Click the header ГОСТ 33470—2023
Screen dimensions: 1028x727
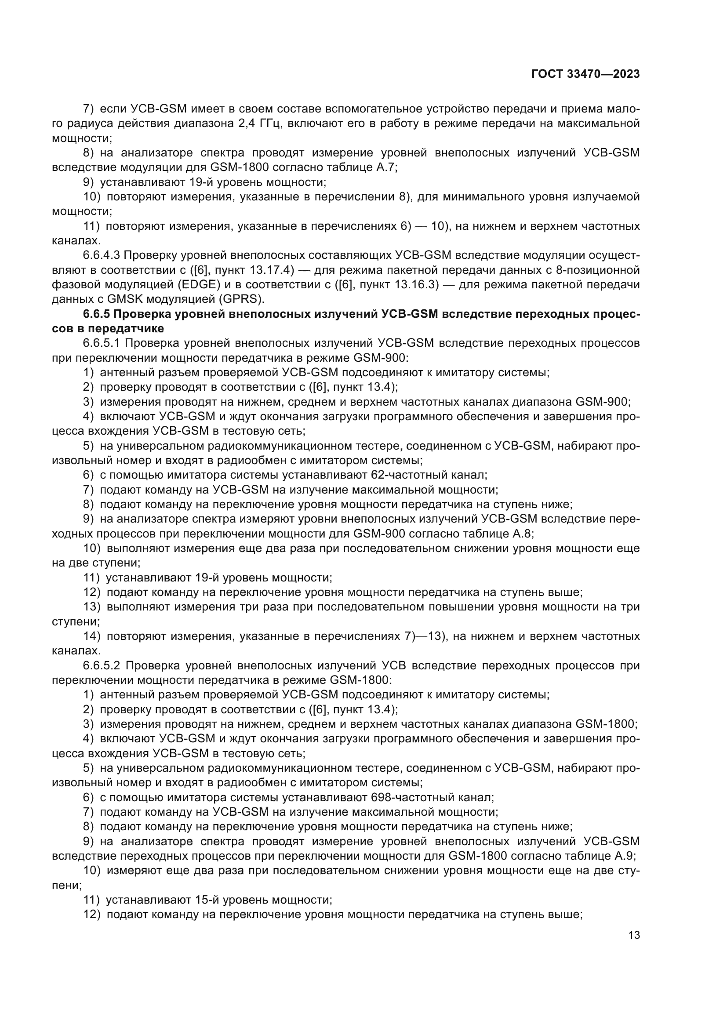point(585,74)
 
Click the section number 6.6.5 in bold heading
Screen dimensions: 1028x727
point(96,314)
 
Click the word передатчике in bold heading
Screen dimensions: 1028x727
point(126,329)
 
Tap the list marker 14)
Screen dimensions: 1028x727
point(93,636)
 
